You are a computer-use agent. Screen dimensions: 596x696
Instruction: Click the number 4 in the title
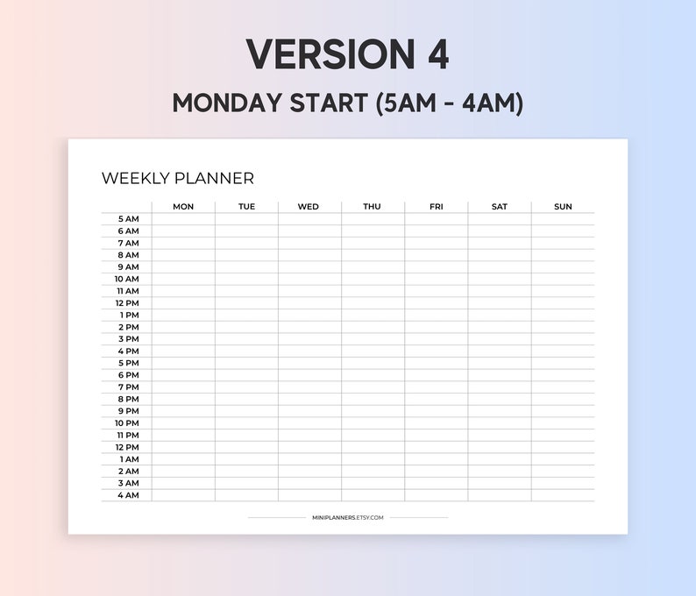pyautogui.click(x=438, y=54)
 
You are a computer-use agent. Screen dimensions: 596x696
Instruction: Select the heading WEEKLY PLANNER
pyautogui.click(x=178, y=178)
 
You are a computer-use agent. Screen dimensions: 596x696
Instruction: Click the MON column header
pyautogui.click(x=183, y=207)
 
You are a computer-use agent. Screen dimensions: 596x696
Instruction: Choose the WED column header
pyautogui.click(x=309, y=207)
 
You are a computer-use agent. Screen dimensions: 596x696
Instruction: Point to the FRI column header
pyautogui.click(x=436, y=207)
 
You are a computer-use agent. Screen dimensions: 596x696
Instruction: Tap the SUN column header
pyautogui.click(x=563, y=207)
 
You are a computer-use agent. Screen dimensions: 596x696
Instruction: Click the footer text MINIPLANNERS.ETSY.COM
pyautogui.click(x=348, y=517)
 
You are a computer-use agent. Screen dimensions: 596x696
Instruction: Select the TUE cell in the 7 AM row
pyautogui.click(x=246, y=243)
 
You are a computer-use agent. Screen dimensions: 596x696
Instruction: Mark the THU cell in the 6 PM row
pyautogui.click(x=373, y=375)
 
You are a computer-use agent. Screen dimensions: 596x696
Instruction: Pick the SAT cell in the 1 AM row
pyautogui.click(x=500, y=459)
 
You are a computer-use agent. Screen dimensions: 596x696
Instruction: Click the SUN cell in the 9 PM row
pyautogui.click(x=563, y=411)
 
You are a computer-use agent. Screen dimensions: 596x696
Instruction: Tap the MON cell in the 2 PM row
pyautogui.click(x=183, y=327)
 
